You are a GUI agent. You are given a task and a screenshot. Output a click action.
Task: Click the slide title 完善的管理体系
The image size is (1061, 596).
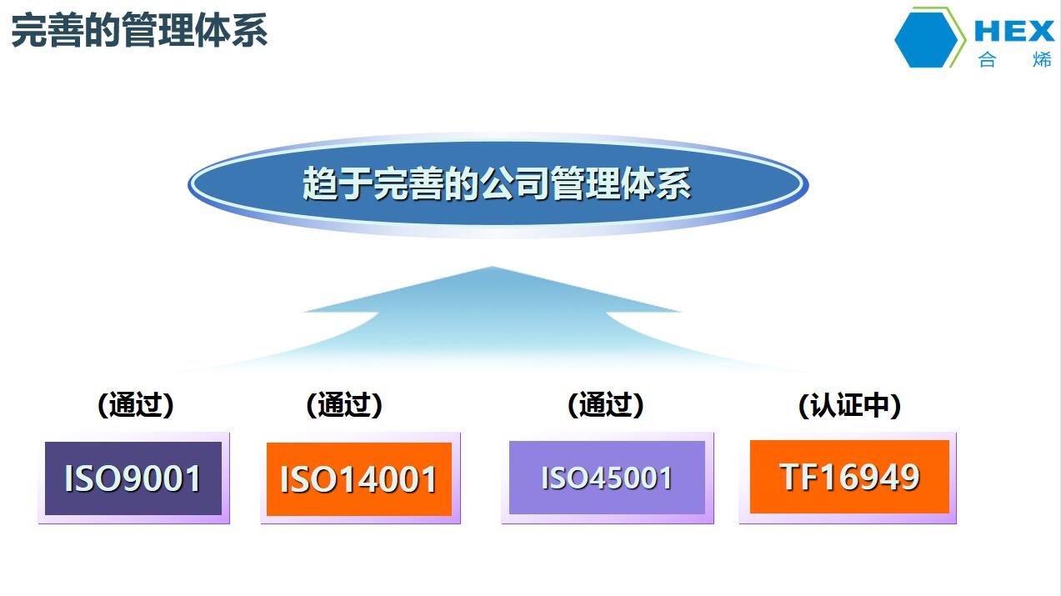[139, 30]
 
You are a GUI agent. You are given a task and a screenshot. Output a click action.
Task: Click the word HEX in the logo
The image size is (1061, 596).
[1014, 32]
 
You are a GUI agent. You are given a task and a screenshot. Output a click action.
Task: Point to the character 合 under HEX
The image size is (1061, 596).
[987, 60]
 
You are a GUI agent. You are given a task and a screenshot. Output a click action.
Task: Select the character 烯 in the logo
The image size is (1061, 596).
[1042, 60]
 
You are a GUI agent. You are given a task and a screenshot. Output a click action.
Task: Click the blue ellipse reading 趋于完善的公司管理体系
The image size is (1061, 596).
[498, 184]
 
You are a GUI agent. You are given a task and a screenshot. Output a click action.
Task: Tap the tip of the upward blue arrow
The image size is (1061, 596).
[492, 267]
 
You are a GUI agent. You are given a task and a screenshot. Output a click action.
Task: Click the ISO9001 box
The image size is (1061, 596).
[133, 478]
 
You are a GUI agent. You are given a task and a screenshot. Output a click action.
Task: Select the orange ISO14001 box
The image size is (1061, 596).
[360, 478]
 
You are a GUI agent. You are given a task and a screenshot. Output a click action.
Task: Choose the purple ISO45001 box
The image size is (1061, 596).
[608, 478]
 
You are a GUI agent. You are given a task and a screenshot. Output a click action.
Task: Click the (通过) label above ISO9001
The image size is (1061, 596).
[136, 405]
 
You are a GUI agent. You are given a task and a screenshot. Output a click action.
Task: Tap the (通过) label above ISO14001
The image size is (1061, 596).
[344, 405]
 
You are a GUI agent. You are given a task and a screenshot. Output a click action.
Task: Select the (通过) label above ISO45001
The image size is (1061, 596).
[606, 405]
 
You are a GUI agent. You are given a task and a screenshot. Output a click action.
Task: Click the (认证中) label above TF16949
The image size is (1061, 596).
[849, 406]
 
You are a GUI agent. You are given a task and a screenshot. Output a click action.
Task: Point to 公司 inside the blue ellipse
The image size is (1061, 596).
[515, 184]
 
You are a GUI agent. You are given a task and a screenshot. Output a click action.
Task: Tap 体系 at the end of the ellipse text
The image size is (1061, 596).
[657, 184]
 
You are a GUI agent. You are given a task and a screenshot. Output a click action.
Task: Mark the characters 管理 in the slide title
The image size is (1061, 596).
[158, 30]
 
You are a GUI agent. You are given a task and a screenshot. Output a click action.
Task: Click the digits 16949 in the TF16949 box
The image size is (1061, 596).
[871, 477]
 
